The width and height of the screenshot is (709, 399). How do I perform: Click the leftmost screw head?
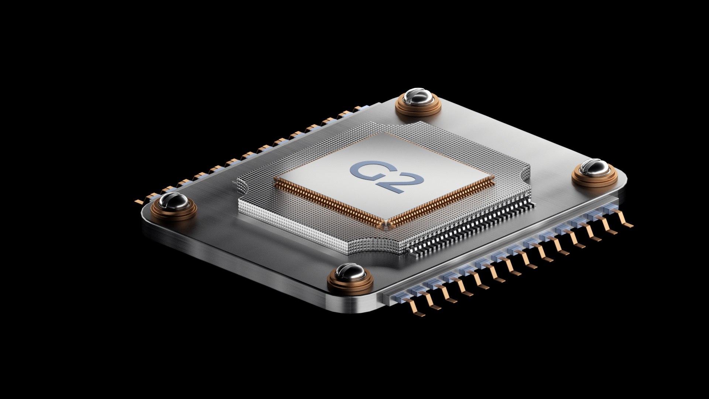point(173,201)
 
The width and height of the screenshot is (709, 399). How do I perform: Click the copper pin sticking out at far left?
point(139,202)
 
